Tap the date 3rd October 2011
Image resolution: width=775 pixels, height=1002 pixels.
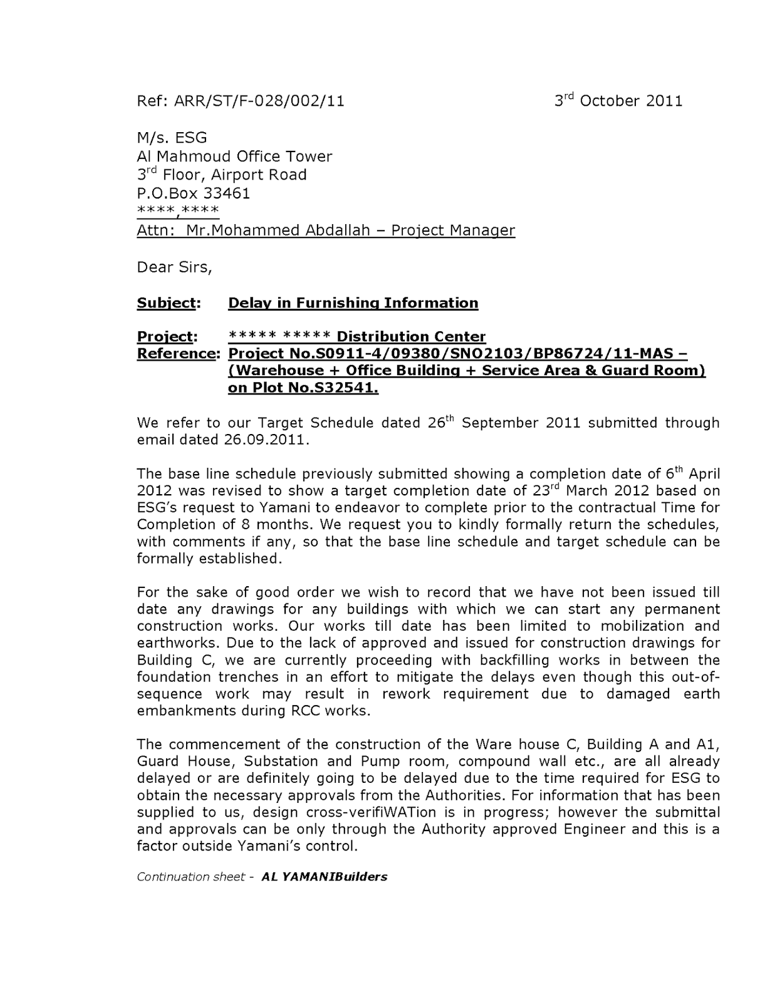pos(618,101)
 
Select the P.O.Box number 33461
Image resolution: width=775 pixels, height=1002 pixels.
pos(226,194)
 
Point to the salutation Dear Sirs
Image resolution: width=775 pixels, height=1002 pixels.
pos(174,267)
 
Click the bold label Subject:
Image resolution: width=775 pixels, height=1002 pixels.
pos(169,303)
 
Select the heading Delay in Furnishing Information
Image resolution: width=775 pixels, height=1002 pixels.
pos(353,303)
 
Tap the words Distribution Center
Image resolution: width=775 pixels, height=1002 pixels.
pos(411,337)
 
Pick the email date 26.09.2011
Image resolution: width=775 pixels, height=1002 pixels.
pos(266,440)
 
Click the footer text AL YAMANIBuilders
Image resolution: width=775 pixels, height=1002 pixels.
pos(325,877)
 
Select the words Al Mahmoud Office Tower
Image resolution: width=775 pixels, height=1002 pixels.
pos(234,157)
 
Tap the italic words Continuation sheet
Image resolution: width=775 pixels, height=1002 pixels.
pos(190,877)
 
